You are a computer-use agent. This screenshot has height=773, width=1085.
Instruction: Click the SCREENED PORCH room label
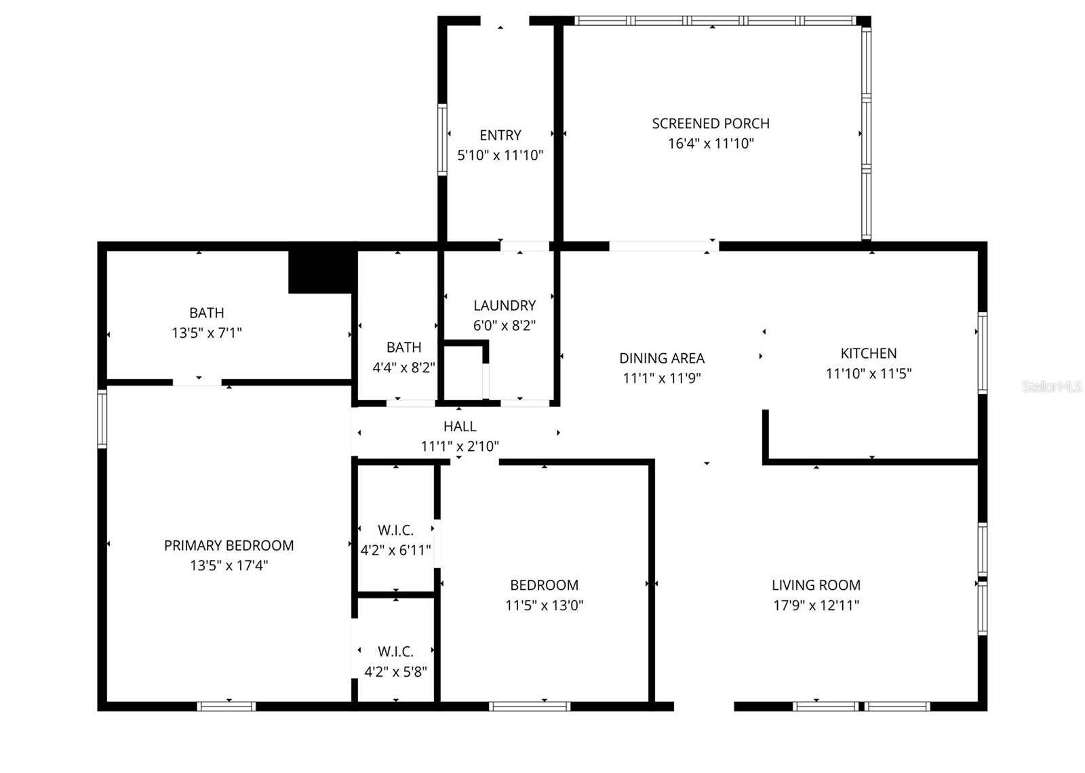(x=711, y=124)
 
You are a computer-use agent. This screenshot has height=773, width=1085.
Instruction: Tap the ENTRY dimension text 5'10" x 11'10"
(x=500, y=155)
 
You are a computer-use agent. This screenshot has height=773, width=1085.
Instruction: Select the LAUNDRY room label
(x=505, y=305)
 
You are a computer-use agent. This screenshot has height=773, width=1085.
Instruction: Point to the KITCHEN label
(x=869, y=353)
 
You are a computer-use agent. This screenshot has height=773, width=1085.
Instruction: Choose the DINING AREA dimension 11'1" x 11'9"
(x=662, y=378)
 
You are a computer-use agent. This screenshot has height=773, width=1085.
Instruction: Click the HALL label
(x=460, y=427)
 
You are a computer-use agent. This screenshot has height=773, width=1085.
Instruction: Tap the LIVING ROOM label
(x=816, y=585)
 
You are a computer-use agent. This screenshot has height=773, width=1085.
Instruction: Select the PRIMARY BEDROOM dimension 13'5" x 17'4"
(x=229, y=566)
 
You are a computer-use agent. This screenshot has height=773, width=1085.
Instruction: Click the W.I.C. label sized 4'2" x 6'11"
(x=396, y=530)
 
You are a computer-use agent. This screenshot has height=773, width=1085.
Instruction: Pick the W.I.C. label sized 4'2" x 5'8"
(x=396, y=652)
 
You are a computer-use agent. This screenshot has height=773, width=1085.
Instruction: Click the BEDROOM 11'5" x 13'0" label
(x=544, y=585)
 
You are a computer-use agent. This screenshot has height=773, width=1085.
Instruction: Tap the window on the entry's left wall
(x=442, y=140)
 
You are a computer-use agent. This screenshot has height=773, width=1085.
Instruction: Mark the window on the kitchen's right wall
(x=982, y=353)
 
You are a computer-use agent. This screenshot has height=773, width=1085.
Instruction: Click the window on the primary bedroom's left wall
(x=102, y=418)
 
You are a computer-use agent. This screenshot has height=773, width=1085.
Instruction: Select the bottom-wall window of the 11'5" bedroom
(x=530, y=707)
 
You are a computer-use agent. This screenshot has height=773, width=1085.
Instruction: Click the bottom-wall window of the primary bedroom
(x=226, y=707)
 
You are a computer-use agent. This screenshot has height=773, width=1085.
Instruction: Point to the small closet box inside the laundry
(x=464, y=374)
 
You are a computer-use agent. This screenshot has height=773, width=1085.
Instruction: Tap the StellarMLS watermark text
(x=1052, y=387)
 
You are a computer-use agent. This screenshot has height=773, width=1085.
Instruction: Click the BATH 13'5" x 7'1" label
(x=206, y=313)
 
